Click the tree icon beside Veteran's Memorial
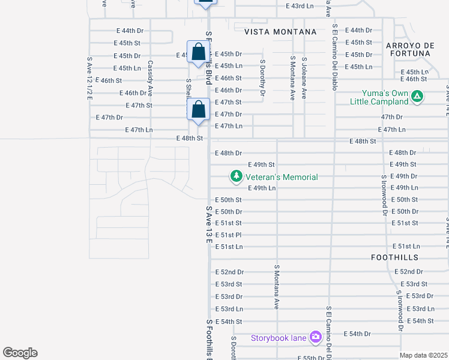(237, 176)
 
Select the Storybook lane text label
(279, 338)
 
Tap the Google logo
(20, 353)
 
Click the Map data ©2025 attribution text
(424, 355)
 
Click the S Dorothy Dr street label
(262, 77)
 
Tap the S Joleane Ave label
(304, 78)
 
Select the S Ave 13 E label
(209, 225)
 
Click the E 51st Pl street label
(229, 235)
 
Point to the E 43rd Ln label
(300, 6)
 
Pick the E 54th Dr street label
(358, 334)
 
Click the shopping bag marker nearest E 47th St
(199, 110)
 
